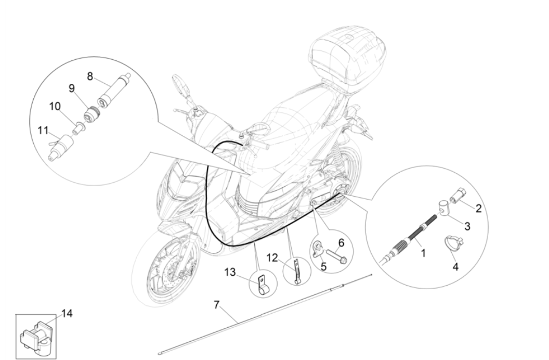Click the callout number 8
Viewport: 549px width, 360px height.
(90, 76)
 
